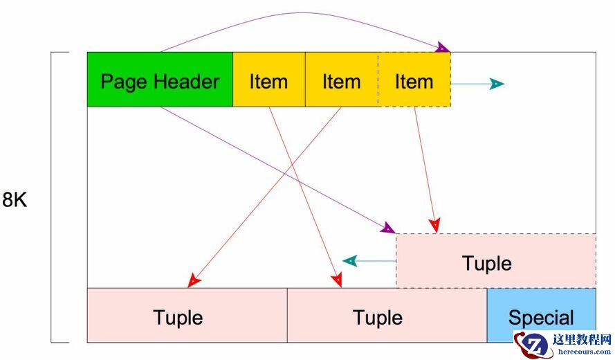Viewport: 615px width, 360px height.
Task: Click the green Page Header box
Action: click(x=160, y=80)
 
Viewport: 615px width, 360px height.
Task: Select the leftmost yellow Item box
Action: click(x=268, y=80)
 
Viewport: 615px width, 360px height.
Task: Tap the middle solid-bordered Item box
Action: click(x=341, y=80)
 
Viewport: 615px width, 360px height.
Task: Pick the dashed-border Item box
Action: click(x=414, y=80)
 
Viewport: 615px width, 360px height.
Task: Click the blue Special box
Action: click(x=541, y=316)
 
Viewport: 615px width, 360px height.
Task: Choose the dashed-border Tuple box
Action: click(x=495, y=261)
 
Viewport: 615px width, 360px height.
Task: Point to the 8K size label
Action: click(x=15, y=200)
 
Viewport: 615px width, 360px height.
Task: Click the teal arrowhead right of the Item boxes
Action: click(x=497, y=84)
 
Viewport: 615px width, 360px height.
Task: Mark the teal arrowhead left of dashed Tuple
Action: click(x=350, y=261)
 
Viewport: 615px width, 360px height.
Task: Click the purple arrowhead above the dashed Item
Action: click(x=443, y=48)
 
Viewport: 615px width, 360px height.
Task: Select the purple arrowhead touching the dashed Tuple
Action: click(x=388, y=228)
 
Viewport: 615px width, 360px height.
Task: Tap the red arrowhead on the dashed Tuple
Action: click(x=434, y=226)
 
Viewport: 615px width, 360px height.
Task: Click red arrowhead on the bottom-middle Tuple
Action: click(x=336, y=280)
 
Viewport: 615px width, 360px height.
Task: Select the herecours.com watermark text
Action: click(x=585, y=351)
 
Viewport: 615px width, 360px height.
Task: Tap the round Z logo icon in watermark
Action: click(x=532, y=345)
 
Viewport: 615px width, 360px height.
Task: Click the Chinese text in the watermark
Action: click(x=582, y=339)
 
